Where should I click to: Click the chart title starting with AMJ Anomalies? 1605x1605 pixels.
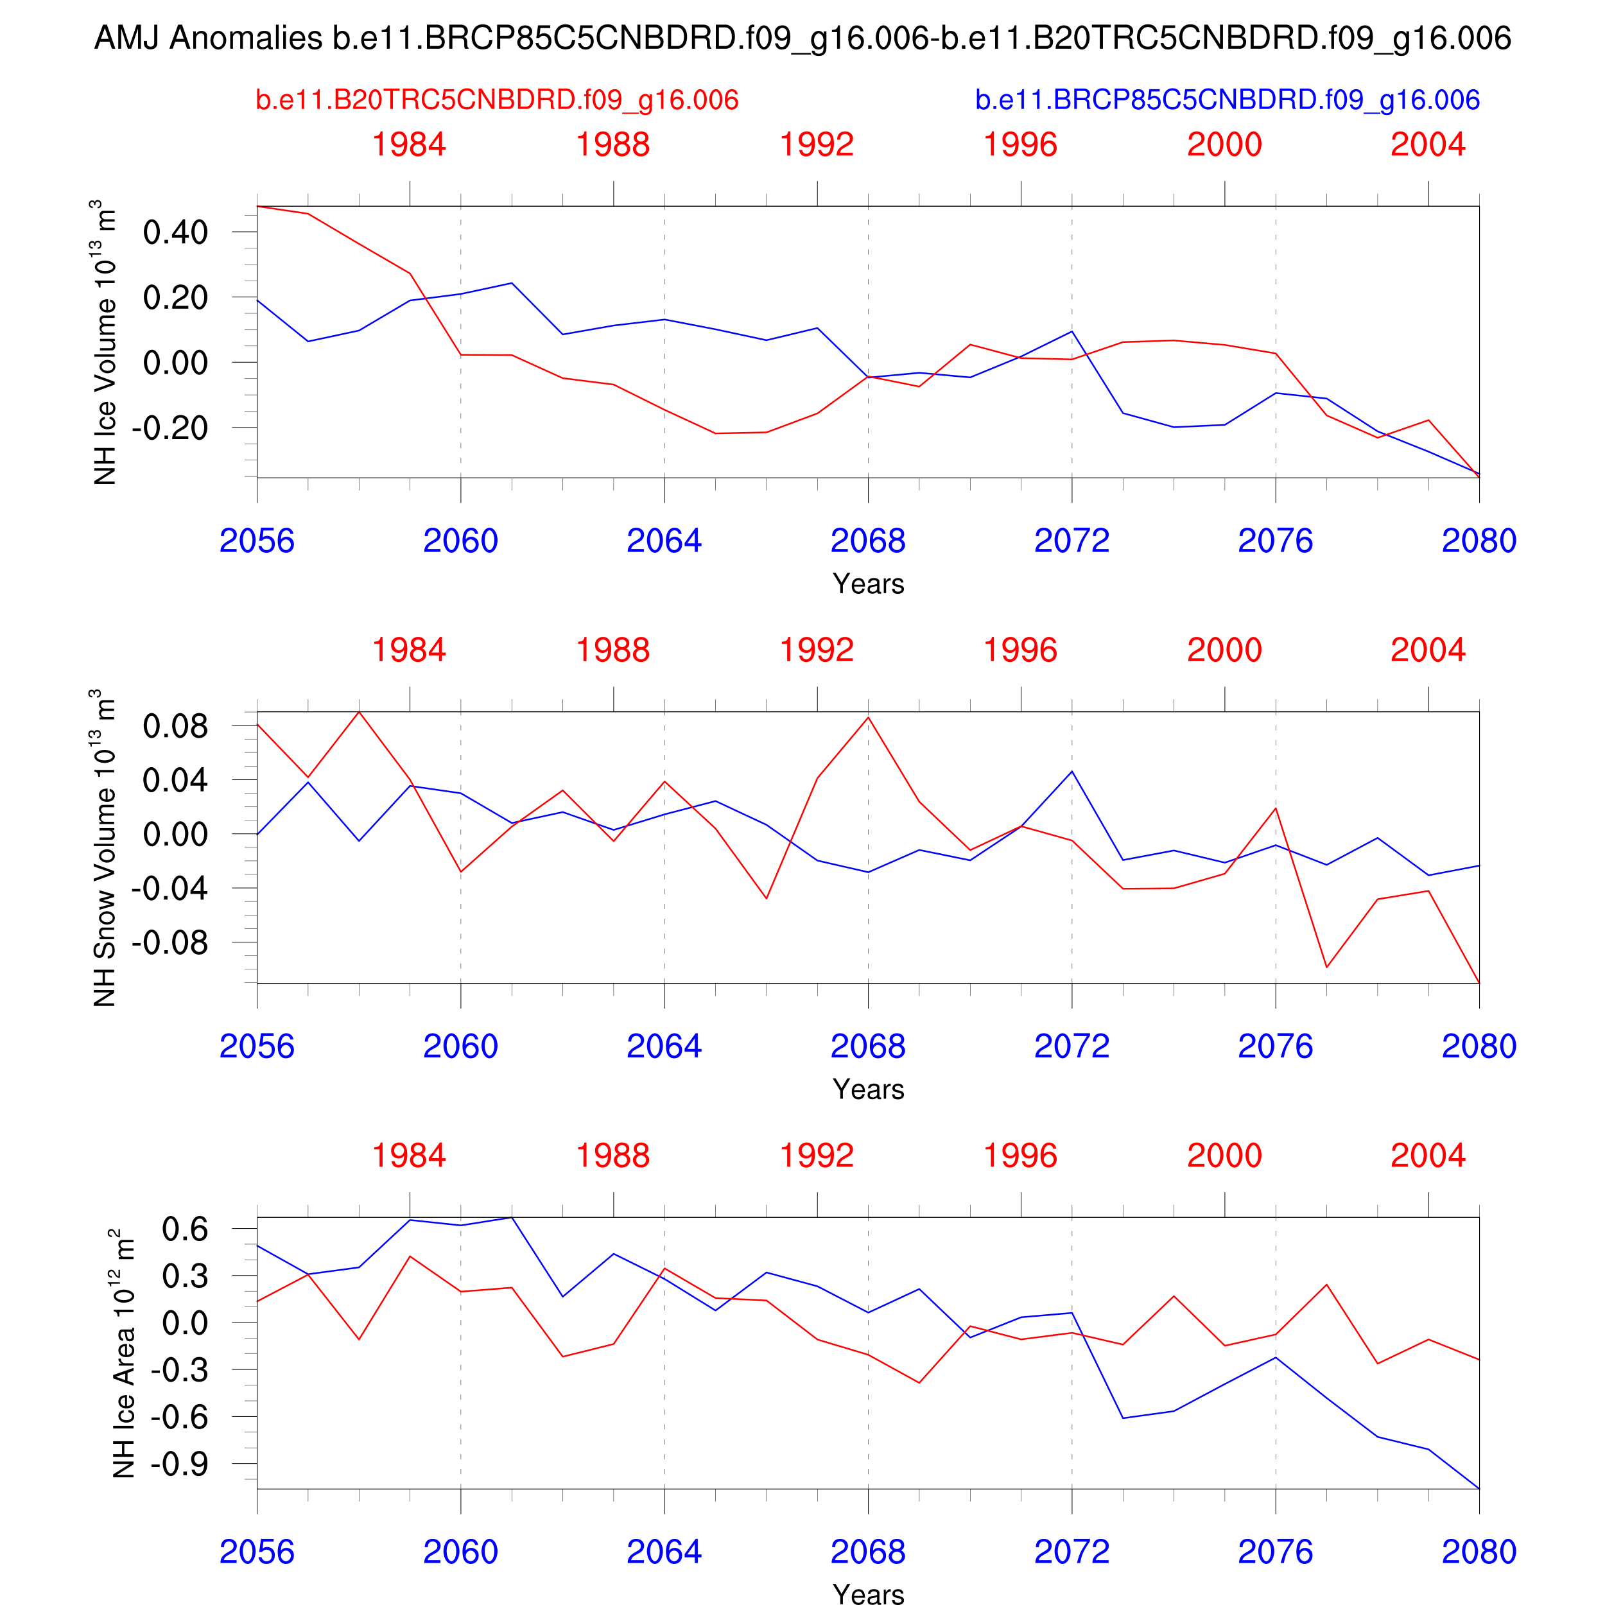(802, 39)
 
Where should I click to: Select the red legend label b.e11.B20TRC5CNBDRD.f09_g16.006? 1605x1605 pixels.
(497, 100)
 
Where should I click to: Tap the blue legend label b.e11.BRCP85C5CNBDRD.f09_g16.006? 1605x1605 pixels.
(1227, 100)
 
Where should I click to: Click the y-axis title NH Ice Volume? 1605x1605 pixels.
(105, 342)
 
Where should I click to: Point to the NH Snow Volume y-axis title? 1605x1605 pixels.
(105, 847)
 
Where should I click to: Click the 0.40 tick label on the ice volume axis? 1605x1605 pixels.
(175, 232)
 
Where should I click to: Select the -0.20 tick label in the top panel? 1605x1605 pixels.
(169, 429)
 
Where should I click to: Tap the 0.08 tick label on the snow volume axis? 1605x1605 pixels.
(175, 727)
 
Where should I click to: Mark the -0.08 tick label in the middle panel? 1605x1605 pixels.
(169, 944)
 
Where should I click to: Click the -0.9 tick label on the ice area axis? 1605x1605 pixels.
(180, 1464)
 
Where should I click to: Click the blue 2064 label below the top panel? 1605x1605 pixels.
(664, 541)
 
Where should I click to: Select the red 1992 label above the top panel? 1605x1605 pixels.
(817, 144)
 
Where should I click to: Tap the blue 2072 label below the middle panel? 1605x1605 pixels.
(1071, 1046)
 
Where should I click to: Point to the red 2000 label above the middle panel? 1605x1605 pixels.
(1224, 650)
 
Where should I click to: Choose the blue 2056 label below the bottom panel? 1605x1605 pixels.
(257, 1552)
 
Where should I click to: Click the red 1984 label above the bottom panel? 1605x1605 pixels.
(409, 1156)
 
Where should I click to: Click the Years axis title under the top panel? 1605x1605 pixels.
(868, 584)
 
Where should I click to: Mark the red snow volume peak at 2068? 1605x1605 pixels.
(868, 718)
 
